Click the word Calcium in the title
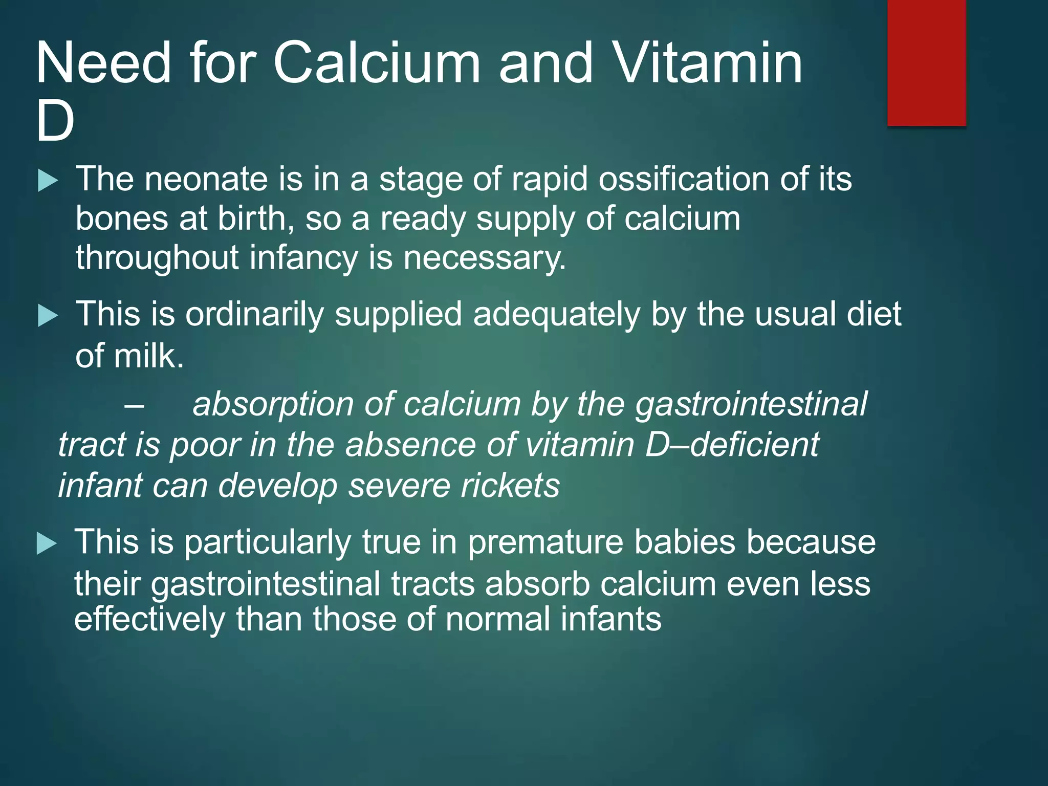(377, 63)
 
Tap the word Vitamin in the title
(708, 63)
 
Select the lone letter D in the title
(55, 122)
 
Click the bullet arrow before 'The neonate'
(48, 181)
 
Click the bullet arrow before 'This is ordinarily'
(48, 316)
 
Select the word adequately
(556, 314)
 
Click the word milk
(148, 356)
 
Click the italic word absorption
(273, 405)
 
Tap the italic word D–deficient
(732, 445)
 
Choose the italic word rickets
(510, 486)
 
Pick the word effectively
(149, 620)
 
